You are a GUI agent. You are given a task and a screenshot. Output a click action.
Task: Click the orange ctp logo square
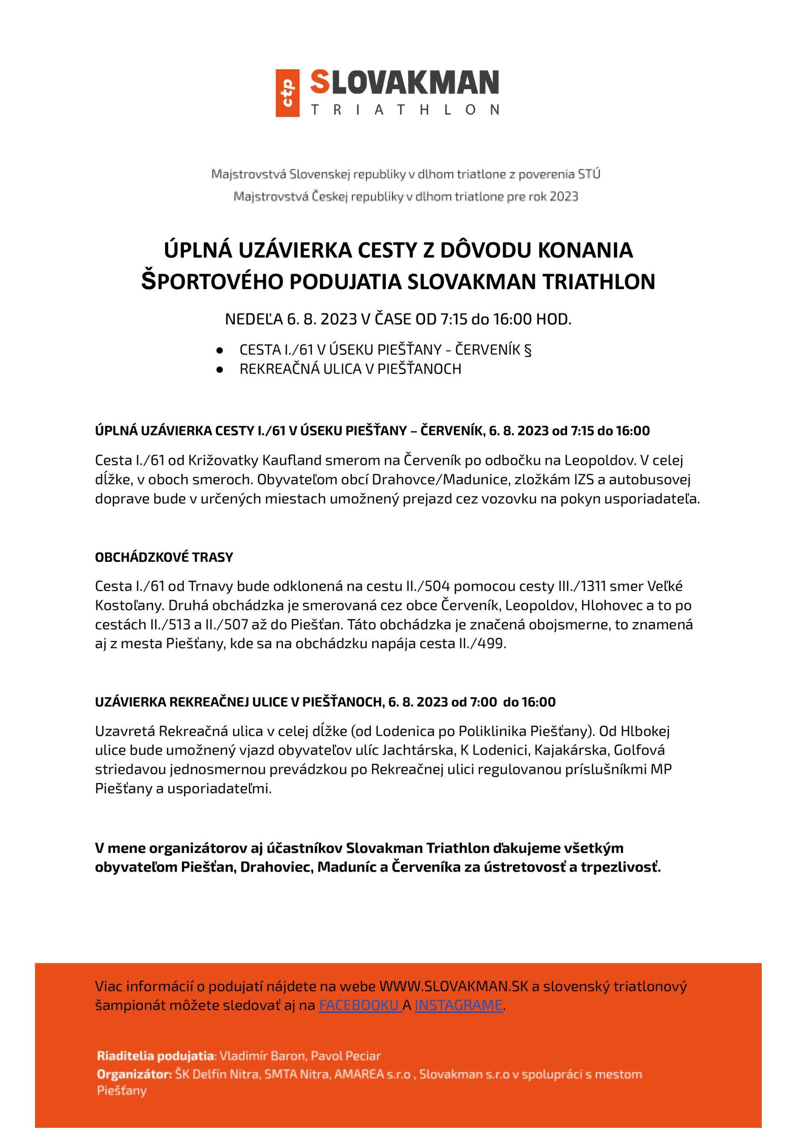click(x=288, y=93)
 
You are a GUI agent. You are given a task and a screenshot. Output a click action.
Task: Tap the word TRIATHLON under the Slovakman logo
click(x=405, y=109)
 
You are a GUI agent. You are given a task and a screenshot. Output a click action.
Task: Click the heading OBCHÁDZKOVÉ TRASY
click(x=164, y=557)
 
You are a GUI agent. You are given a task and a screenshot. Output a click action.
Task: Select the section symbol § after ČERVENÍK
click(x=528, y=350)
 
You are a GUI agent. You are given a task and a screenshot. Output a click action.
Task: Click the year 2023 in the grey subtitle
click(x=564, y=197)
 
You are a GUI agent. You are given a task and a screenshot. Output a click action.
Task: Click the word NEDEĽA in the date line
click(x=253, y=319)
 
